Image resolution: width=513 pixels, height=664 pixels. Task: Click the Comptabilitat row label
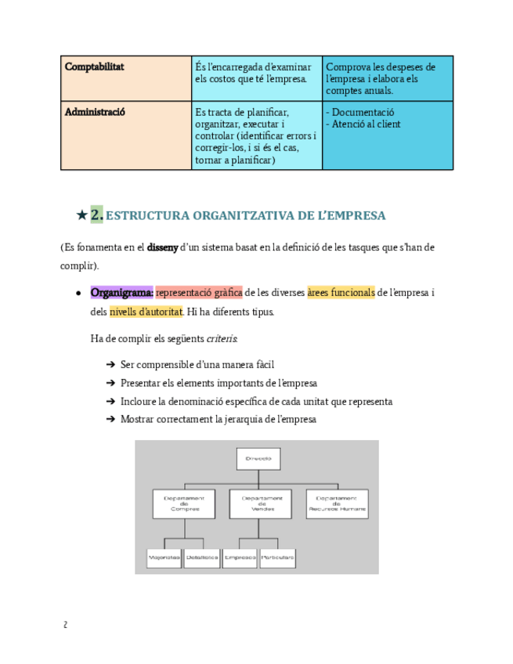click(94, 67)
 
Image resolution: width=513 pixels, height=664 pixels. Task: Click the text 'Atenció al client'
click(365, 124)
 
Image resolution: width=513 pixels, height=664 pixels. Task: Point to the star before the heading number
click(81, 215)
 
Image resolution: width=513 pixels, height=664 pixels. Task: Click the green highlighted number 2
click(96, 214)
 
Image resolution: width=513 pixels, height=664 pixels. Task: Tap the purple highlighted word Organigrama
click(122, 293)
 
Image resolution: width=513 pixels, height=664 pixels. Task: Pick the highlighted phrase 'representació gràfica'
click(199, 293)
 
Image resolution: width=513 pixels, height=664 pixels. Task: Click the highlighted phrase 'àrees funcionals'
click(341, 293)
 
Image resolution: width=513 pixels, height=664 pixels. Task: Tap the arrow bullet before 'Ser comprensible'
click(110, 365)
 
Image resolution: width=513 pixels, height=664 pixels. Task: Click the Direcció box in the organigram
click(258, 458)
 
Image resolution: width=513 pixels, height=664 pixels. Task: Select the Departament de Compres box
click(184, 503)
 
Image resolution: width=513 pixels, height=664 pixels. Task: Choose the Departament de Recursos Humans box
click(337, 503)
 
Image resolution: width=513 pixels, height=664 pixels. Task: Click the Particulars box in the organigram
click(278, 558)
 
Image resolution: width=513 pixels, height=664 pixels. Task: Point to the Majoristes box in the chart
click(164, 558)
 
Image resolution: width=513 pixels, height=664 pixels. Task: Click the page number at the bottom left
click(65, 625)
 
